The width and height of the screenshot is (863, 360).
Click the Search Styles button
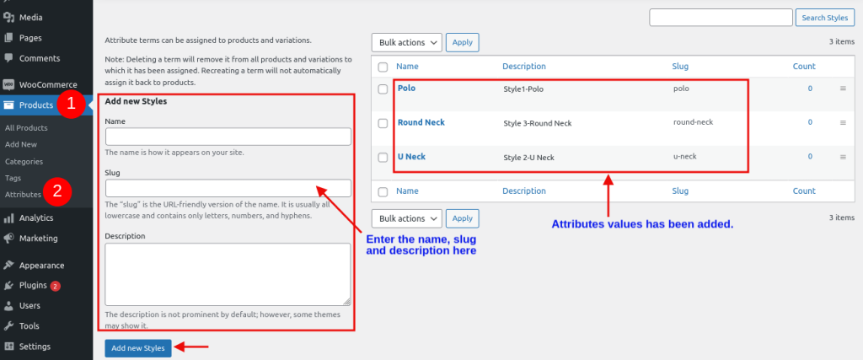click(824, 18)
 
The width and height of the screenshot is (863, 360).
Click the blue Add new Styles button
click(138, 348)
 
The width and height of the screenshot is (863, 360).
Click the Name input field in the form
click(228, 137)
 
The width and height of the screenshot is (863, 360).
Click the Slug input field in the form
click(228, 188)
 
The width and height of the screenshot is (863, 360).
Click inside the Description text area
click(228, 274)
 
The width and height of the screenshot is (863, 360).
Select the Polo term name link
click(407, 88)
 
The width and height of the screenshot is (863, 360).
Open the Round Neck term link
click(421, 122)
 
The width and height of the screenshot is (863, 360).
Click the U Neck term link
click(411, 156)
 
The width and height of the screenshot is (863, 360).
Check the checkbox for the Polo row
click(383, 89)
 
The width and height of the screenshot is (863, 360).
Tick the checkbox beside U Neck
click(383, 158)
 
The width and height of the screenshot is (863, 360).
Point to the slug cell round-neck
click(693, 122)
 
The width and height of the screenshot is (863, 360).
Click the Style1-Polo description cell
click(523, 89)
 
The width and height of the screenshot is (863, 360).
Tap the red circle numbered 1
click(71, 105)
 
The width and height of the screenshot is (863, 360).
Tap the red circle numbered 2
click(58, 191)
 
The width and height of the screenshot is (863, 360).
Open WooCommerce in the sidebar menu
click(48, 85)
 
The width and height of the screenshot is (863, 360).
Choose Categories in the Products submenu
click(24, 161)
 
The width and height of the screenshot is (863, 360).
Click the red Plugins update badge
click(55, 287)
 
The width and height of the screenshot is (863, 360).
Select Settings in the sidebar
click(35, 347)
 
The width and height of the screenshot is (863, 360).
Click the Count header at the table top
click(804, 66)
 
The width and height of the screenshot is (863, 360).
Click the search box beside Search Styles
click(721, 18)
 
